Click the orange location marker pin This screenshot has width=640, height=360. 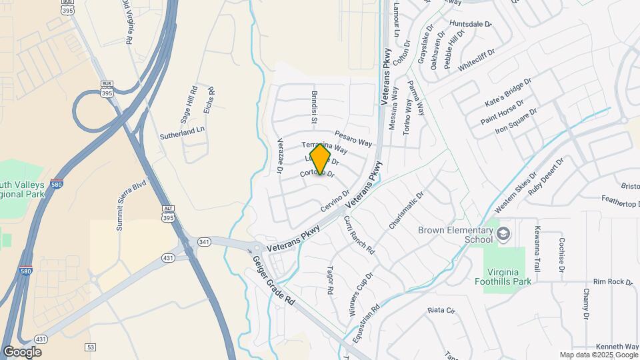[x=321, y=160]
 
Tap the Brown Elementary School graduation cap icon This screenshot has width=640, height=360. [x=503, y=234]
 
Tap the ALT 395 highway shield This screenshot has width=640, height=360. [x=169, y=215]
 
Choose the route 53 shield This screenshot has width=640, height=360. [x=91, y=347]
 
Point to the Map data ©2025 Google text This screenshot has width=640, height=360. [x=599, y=355]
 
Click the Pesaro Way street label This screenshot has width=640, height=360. [x=353, y=138]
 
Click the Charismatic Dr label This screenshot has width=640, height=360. [x=406, y=211]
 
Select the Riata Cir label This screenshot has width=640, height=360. [x=441, y=311]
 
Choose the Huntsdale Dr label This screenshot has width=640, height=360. [x=470, y=24]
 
